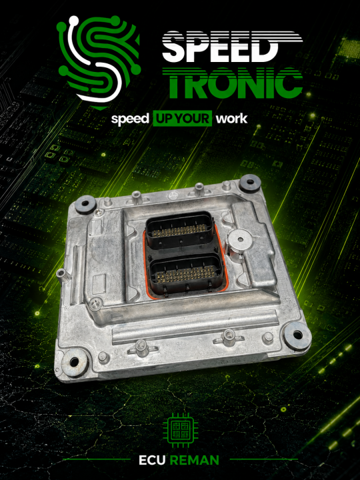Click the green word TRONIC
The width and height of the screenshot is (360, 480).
pyautogui.click(x=233, y=83)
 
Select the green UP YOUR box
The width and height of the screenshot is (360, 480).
pyautogui.click(x=183, y=119)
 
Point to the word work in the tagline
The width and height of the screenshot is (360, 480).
pyautogui.click(x=232, y=119)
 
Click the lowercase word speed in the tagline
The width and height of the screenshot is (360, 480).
pyautogui.click(x=130, y=119)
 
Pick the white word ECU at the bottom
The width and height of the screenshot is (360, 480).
pyautogui.click(x=152, y=460)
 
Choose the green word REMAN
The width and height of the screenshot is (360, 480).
pyautogui.click(x=195, y=460)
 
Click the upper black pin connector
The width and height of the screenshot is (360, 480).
pyautogui.click(x=180, y=229)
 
